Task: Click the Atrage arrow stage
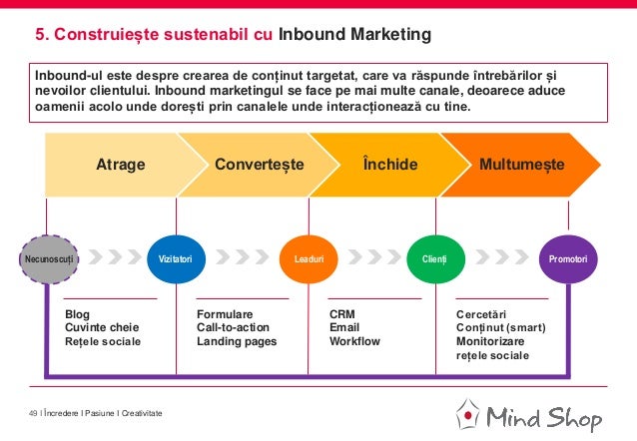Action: (120, 164)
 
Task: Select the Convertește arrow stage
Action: (260, 164)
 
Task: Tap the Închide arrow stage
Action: (390, 164)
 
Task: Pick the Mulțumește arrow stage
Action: (521, 164)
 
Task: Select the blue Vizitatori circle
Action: (176, 258)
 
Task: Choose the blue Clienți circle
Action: (435, 258)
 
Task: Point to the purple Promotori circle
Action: (568, 258)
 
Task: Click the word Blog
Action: (77, 313)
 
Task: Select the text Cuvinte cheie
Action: (102, 327)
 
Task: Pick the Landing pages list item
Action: (237, 341)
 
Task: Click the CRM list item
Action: (342, 313)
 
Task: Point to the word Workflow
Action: (354, 341)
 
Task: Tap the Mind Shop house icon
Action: (466, 415)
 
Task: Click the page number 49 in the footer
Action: (33, 414)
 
